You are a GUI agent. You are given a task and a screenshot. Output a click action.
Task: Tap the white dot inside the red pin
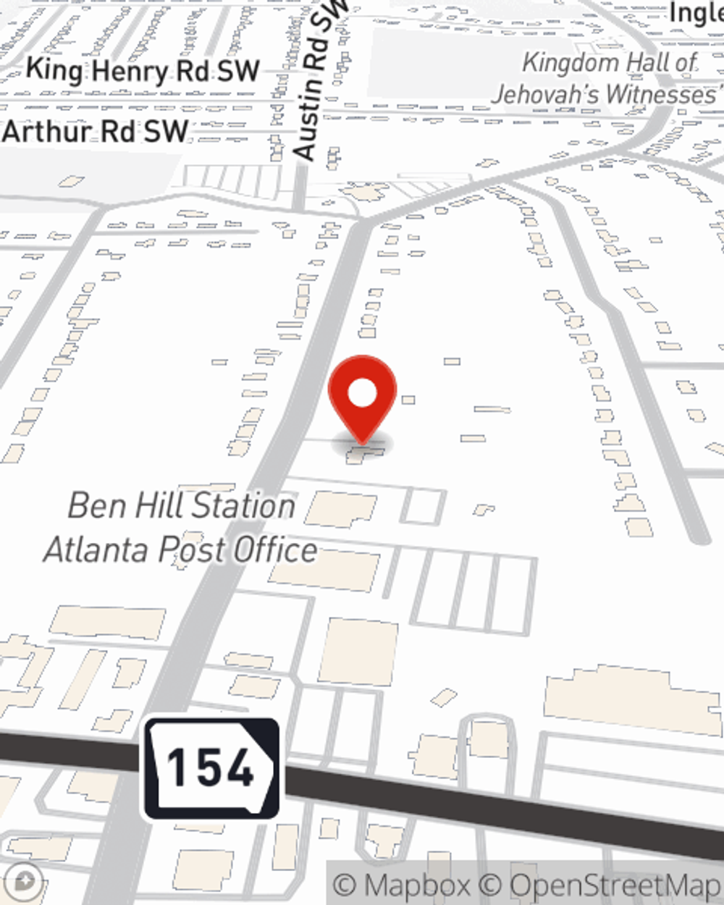tap(362, 394)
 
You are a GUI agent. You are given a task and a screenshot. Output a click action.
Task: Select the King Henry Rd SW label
tap(142, 70)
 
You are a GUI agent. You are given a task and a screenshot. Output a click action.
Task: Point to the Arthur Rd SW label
tap(95, 132)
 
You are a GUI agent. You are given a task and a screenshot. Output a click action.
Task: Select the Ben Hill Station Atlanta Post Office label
tap(181, 528)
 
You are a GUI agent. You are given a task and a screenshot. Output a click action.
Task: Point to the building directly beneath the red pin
tap(364, 454)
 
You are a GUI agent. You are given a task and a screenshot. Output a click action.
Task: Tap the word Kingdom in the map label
tap(571, 63)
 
